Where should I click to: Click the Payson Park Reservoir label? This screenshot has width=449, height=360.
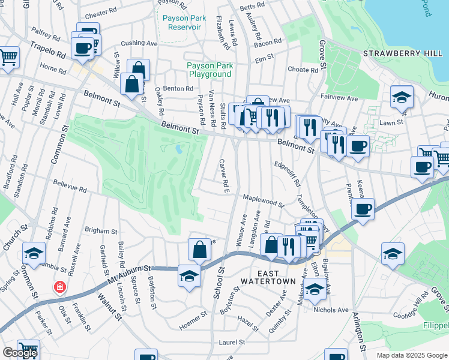pos(184,22)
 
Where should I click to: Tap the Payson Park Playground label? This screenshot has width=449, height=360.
pos(209,70)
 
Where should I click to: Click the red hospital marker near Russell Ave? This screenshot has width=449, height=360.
pos(60,287)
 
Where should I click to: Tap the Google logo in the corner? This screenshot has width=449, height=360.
pos(20,353)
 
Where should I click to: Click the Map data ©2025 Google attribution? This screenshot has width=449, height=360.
pos(411,355)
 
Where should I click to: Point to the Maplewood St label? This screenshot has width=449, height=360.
pos(263,199)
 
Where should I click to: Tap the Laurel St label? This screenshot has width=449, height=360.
pos(232,342)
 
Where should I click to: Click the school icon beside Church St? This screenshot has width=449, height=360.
pos(34,253)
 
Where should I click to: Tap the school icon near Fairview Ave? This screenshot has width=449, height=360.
pos(401,97)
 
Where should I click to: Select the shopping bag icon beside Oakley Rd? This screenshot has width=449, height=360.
pos(131,85)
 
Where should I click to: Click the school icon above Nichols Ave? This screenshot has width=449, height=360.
pos(315,289)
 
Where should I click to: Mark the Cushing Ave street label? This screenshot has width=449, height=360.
pos(139,43)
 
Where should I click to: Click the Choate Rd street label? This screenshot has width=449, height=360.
pos(307,69)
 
